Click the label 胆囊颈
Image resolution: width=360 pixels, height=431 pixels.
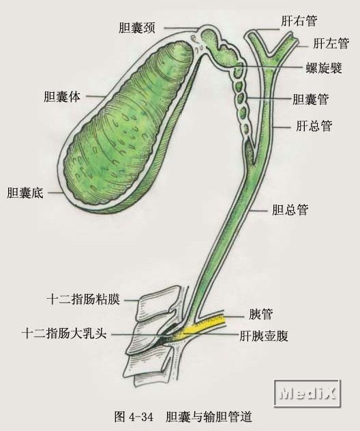pos(137,28)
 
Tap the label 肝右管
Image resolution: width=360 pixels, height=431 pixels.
pos(299,21)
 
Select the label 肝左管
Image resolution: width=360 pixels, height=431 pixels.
pos(331,43)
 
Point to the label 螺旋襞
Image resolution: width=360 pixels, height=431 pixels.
pos(325,68)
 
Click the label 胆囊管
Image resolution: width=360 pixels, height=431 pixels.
pos(310,100)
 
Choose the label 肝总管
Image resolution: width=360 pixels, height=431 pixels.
pos(314,126)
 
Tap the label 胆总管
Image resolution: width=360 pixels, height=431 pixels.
pos(290,210)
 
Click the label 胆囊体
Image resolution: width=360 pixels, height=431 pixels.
pos(62,97)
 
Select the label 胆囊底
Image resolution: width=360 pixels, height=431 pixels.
pos(25,193)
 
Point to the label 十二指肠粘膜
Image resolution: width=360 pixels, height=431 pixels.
pos(84,299)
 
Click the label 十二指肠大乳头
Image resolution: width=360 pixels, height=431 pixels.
pos(64,333)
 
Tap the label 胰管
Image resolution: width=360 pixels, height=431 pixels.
pos(260,314)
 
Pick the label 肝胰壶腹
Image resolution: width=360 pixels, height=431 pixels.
pos(264,336)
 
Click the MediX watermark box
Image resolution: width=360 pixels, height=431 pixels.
pos(307,394)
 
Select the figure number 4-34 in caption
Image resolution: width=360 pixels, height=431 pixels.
pos(140,417)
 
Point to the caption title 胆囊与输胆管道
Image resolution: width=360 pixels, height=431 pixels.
pos(209,417)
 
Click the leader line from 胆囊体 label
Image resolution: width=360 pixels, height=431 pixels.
pos(95,96)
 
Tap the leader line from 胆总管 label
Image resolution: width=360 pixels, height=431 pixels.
pos(258,211)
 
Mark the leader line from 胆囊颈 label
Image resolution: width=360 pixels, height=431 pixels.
pos(181,28)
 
